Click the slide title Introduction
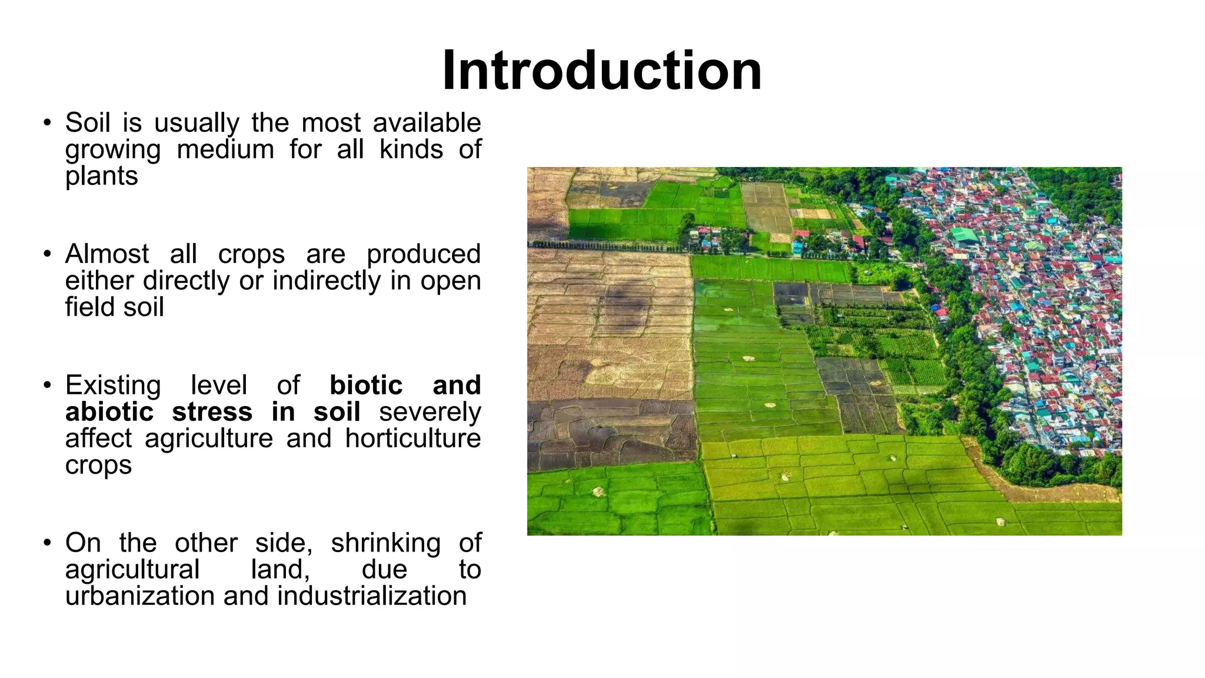602,71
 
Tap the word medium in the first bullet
225,149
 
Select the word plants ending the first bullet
101,176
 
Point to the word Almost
107,254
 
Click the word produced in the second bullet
423,255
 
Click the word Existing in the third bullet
113,386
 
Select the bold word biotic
366,385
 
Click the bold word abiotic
109,412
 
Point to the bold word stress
212,412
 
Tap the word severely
430,412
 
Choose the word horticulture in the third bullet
413,438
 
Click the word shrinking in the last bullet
385,543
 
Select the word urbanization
140,596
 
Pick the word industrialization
372,596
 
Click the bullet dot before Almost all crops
47,255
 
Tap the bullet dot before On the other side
47,543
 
